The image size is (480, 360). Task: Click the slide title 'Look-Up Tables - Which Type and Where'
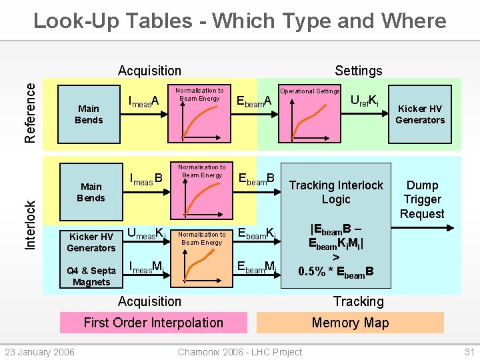tap(240, 21)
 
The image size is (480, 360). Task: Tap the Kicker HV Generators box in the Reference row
tap(420, 114)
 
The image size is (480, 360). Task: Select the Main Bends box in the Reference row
tap(89, 114)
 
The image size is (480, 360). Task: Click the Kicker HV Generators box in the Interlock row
tap(91, 243)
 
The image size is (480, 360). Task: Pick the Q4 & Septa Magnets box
tap(91, 276)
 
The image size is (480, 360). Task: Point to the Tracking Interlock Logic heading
tap(336, 192)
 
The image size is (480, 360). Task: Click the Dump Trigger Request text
tap(422, 199)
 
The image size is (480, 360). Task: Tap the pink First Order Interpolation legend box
tap(153, 323)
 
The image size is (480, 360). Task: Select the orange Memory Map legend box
tap(350, 323)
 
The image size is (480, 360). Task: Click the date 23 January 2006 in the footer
tap(40, 352)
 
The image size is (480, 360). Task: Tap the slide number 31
tap(468, 352)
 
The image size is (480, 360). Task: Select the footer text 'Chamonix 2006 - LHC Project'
tap(240, 352)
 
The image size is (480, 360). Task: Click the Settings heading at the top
tap(358, 71)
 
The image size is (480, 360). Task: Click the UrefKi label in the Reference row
tap(365, 101)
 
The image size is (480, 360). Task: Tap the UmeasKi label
tap(146, 234)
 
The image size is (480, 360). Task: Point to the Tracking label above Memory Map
tap(358, 301)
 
